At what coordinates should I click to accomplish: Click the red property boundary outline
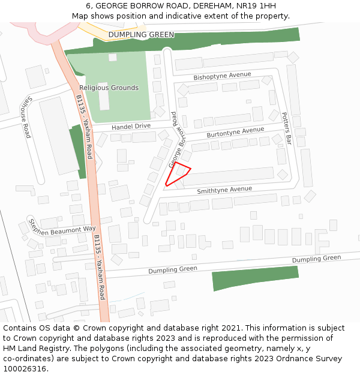click(x=178, y=174)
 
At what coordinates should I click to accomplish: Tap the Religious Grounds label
click(x=109, y=88)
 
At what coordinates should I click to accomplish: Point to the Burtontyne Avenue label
click(x=235, y=132)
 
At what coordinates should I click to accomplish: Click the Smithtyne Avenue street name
click(x=224, y=190)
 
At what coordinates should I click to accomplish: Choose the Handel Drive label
click(x=131, y=127)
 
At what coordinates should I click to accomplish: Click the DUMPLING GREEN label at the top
click(x=141, y=35)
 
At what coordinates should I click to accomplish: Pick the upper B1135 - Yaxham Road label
click(x=85, y=127)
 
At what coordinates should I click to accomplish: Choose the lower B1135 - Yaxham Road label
click(x=99, y=267)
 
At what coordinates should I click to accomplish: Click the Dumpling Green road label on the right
click(x=316, y=259)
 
